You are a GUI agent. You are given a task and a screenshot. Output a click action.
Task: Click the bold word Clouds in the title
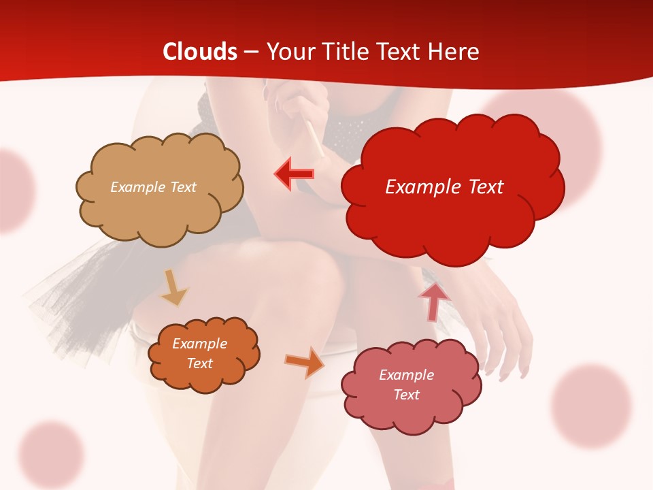click(x=200, y=52)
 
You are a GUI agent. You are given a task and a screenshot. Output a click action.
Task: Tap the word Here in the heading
click(x=455, y=52)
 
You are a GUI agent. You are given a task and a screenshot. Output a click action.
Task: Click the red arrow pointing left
click(x=294, y=174)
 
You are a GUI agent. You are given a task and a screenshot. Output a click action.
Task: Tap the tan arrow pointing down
click(x=173, y=287)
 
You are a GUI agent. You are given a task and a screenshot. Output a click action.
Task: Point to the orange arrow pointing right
click(x=305, y=362)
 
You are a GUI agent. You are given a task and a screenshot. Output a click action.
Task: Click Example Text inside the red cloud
click(x=444, y=187)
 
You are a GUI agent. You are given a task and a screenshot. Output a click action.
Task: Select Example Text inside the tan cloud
click(x=153, y=187)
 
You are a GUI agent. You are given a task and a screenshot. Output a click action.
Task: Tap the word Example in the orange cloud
click(x=199, y=344)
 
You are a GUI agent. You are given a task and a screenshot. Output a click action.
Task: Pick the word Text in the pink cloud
click(x=406, y=395)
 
